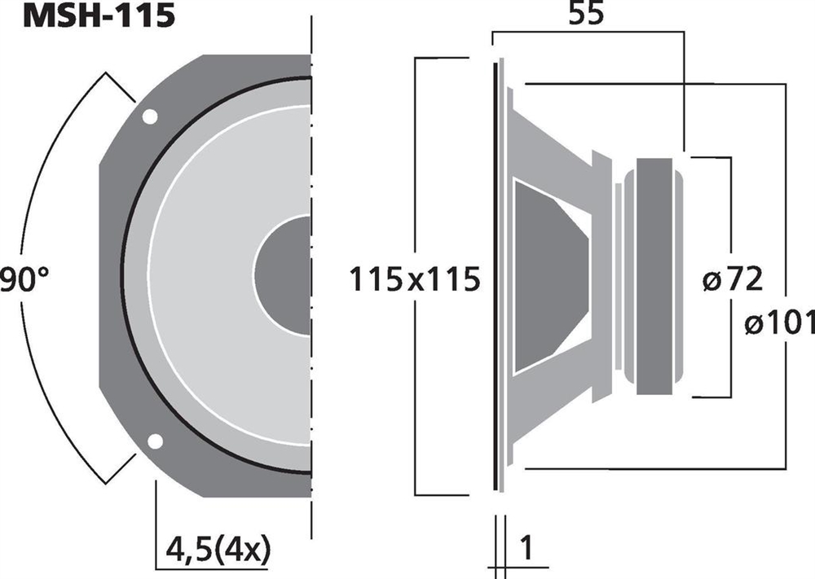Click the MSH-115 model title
click(x=99, y=15)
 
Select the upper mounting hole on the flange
click(x=150, y=116)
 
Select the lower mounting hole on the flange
click(x=155, y=441)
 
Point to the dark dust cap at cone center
click(x=284, y=275)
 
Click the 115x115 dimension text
click(x=414, y=279)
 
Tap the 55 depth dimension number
click(x=586, y=14)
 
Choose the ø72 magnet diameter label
click(x=733, y=279)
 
